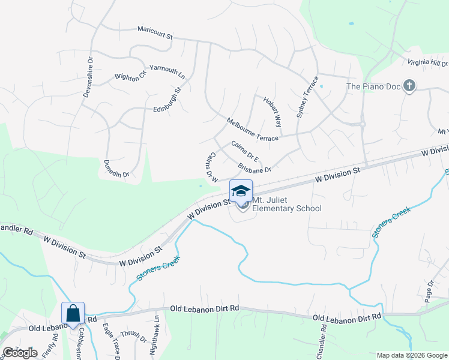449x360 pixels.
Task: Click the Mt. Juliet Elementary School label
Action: (x=287, y=204)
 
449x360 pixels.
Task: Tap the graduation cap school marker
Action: (x=241, y=191)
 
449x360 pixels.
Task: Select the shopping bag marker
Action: (x=73, y=313)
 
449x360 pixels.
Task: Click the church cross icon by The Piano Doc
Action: (x=409, y=86)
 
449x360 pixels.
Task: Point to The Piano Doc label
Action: (x=373, y=87)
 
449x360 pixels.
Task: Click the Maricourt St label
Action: (x=155, y=32)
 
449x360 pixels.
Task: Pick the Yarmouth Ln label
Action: (x=167, y=72)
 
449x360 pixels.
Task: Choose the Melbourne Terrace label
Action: (x=252, y=130)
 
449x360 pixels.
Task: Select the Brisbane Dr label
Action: (x=255, y=169)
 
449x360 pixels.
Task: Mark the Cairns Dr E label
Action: (x=245, y=152)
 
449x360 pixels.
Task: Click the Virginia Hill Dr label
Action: (x=428, y=62)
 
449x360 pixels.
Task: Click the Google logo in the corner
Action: (x=20, y=353)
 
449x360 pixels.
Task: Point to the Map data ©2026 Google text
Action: (x=411, y=355)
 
